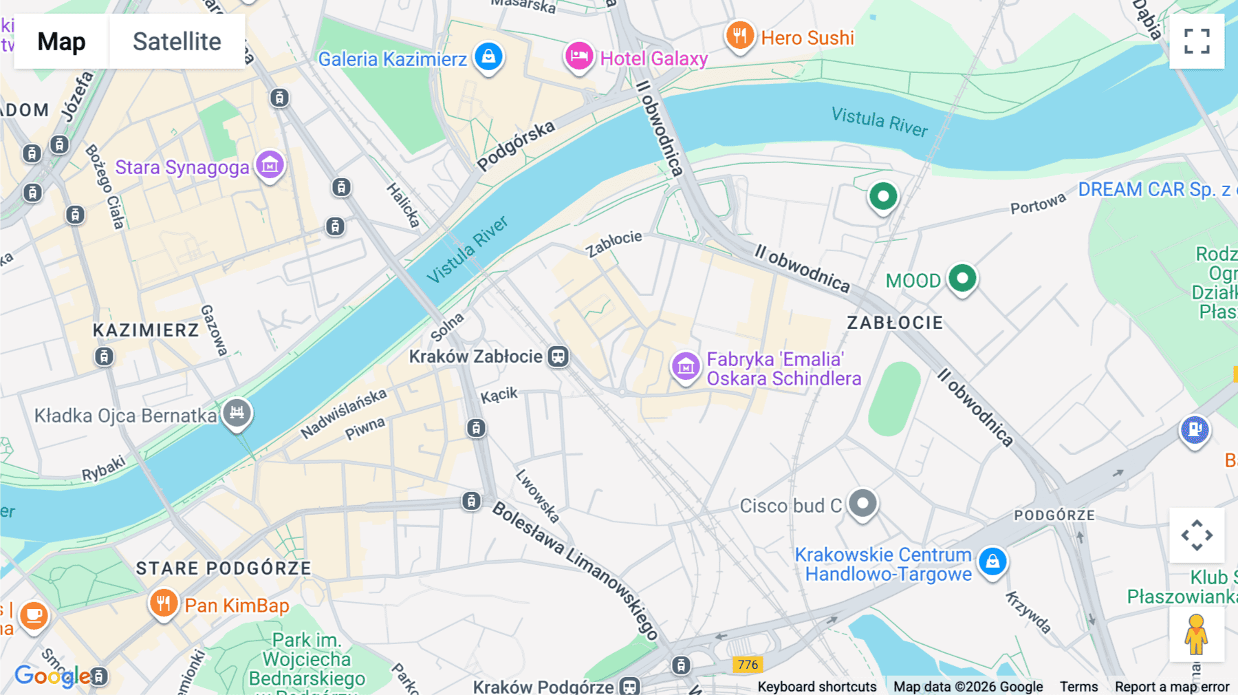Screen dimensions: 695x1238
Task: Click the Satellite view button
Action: (177, 41)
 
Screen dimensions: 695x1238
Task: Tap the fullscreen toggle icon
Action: (1197, 41)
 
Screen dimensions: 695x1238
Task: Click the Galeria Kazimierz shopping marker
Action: (488, 56)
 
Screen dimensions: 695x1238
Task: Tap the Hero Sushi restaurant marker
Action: (739, 35)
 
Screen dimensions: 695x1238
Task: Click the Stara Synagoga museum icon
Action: (270, 165)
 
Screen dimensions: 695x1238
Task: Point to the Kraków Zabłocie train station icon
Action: (558, 356)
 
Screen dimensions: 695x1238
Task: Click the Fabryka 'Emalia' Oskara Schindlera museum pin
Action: (685, 367)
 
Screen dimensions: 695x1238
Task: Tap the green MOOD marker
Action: (962, 279)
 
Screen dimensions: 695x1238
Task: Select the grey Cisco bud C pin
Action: (862, 503)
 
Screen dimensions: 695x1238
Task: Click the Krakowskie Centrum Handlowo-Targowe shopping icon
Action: (992, 562)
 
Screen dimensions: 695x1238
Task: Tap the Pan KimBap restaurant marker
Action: (163, 603)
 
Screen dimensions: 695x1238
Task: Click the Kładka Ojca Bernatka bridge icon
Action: (237, 413)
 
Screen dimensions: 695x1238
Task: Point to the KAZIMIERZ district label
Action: (146, 330)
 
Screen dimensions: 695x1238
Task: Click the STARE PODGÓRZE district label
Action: (224, 568)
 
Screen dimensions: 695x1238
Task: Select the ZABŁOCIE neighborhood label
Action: (895, 323)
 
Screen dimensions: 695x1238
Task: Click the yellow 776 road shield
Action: (748, 664)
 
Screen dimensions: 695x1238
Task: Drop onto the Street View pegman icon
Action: (1196, 634)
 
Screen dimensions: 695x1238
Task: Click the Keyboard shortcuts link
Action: (816, 687)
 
